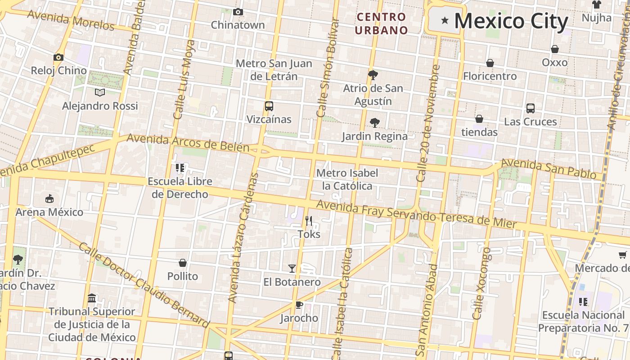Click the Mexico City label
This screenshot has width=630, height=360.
pyautogui.click(x=511, y=21)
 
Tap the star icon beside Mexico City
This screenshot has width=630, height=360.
pyautogui.click(x=445, y=20)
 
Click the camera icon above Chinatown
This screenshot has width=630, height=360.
pyautogui.click(x=238, y=12)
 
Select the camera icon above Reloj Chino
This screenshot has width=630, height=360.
pyautogui.click(x=58, y=57)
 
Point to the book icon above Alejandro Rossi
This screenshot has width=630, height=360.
pyautogui.click(x=100, y=92)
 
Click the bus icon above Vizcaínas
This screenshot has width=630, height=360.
pyautogui.click(x=269, y=106)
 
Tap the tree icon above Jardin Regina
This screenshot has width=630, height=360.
pyautogui.click(x=374, y=122)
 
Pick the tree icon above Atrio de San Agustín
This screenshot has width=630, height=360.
pyautogui.click(x=373, y=75)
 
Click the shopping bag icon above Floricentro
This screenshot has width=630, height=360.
pyautogui.click(x=490, y=63)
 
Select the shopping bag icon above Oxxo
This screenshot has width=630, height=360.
pyautogui.click(x=554, y=49)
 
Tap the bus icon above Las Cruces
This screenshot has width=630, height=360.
pyautogui.click(x=530, y=108)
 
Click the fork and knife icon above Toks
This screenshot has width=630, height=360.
pyautogui.click(x=309, y=220)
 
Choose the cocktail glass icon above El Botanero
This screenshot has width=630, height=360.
pyautogui.click(x=292, y=269)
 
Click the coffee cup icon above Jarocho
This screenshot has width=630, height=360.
pyautogui.click(x=299, y=305)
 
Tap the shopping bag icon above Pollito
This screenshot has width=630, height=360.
pyautogui.click(x=183, y=263)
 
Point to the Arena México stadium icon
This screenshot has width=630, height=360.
pyautogui.click(x=49, y=198)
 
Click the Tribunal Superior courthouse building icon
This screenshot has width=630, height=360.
pyautogui.click(x=92, y=298)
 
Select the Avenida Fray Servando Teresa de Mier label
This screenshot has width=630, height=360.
pyautogui.click(x=416, y=215)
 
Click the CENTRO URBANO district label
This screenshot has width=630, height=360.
pyautogui.click(x=381, y=24)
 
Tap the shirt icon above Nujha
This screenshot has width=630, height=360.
pyautogui.click(x=596, y=5)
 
